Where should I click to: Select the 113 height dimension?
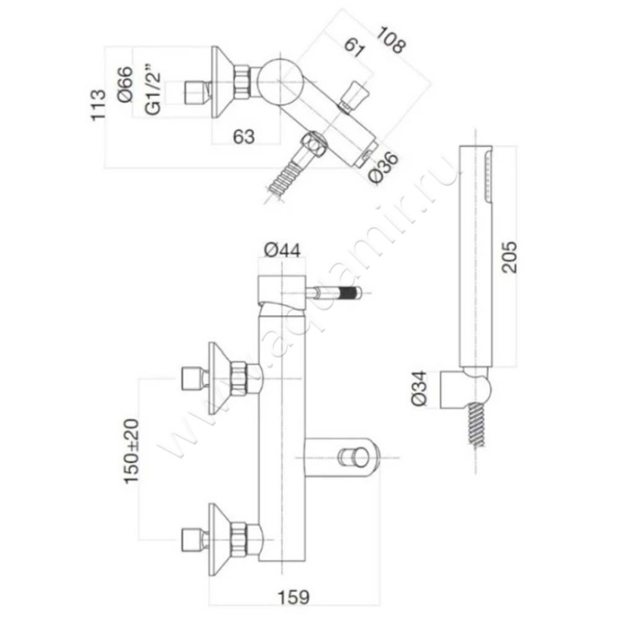pos(97,105)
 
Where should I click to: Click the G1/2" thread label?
pos(153,91)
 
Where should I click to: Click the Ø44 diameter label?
pos(282,249)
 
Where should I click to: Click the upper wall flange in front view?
pos(221,378)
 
